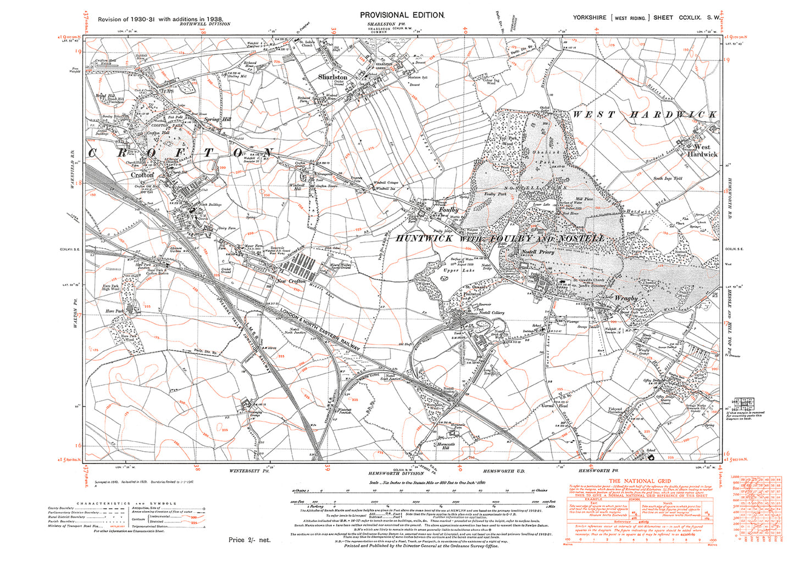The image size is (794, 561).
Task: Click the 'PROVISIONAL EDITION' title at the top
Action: click(x=401, y=15)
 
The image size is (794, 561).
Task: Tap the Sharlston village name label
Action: click(x=332, y=77)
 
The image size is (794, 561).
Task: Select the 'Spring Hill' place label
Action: click(x=218, y=119)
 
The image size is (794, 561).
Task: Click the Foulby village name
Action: click(x=448, y=210)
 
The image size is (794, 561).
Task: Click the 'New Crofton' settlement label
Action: click(x=291, y=281)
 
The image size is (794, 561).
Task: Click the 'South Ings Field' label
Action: click(x=668, y=178)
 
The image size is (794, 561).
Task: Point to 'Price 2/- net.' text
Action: click(x=249, y=540)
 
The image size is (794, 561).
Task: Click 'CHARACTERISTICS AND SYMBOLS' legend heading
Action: click(x=126, y=503)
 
